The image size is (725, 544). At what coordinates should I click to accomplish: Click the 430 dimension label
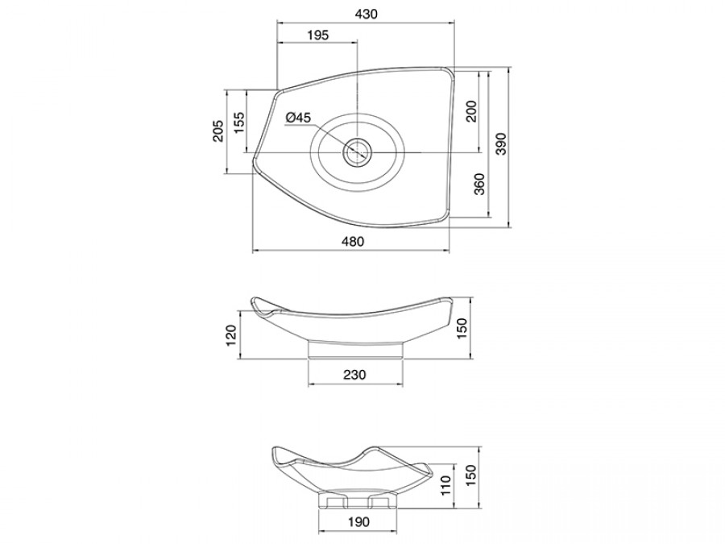tap(367, 14)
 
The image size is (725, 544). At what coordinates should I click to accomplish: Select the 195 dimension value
tap(317, 35)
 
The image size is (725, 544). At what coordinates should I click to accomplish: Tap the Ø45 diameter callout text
tap(298, 118)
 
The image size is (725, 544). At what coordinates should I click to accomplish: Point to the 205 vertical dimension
tap(218, 131)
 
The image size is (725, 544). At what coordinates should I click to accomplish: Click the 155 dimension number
tap(238, 123)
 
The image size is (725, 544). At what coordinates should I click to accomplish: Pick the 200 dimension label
tap(471, 110)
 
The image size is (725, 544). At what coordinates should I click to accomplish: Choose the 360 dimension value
tap(479, 184)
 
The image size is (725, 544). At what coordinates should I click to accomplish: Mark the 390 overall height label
tap(501, 144)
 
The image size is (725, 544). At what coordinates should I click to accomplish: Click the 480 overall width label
tap(352, 241)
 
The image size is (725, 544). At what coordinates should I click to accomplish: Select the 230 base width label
tap(354, 374)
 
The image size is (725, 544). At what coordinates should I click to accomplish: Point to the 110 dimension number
tap(445, 485)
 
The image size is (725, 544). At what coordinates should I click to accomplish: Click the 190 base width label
tap(358, 521)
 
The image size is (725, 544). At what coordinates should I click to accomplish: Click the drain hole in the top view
tap(357, 152)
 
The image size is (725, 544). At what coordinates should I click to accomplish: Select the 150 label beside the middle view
tap(462, 328)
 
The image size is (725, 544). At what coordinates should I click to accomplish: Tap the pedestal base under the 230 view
tap(355, 350)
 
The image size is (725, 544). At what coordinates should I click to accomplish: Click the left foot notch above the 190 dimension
tap(337, 502)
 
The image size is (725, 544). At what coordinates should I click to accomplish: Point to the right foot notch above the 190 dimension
tap(379, 502)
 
